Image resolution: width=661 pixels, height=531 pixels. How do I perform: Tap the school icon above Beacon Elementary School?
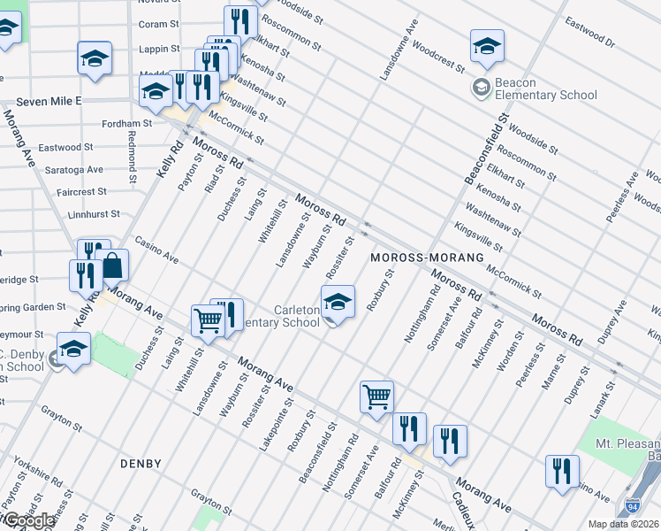(487, 47)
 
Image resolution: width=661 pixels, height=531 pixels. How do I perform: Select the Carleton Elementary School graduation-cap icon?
(338, 303)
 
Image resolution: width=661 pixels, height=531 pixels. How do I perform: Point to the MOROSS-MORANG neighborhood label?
(427, 257)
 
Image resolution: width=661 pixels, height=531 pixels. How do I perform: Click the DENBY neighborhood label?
(141, 464)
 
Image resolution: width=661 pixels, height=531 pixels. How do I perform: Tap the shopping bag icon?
(113, 265)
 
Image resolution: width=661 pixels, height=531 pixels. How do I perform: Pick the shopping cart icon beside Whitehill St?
(207, 320)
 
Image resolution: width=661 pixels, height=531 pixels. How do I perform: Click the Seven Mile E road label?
(42, 102)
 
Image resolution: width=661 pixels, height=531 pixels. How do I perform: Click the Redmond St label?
(131, 151)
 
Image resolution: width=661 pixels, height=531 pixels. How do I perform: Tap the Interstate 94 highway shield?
(633, 506)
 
